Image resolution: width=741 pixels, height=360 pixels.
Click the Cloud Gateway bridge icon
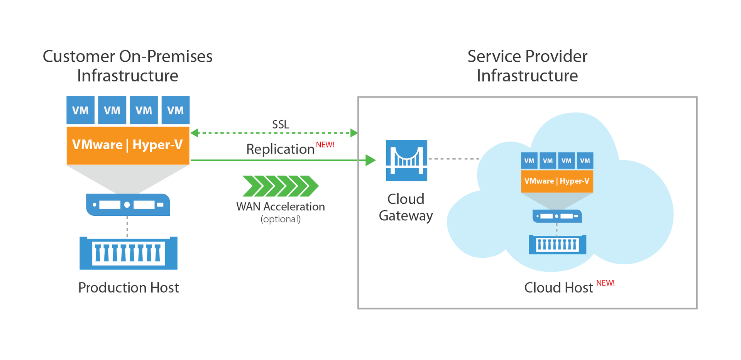[x=406, y=160]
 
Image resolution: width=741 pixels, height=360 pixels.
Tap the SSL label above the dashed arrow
[x=281, y=125]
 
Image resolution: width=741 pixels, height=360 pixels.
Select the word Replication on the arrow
[x=280, y=149]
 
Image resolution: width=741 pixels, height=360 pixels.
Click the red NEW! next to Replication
[x=325, y=145]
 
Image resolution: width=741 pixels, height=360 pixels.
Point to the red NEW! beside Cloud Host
[x=605, y=283]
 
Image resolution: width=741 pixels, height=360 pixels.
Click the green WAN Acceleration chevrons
[x=281, y=186]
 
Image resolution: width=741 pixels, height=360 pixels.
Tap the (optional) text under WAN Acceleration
[x=281, y=219]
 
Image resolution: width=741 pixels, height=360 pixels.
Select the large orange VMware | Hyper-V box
[x=128, y=145]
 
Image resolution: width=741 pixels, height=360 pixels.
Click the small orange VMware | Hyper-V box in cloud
[x=557, y=181]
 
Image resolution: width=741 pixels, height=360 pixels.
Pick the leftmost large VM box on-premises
[x=80, y=110]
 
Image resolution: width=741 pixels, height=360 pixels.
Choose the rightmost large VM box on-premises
[x=175, y=110]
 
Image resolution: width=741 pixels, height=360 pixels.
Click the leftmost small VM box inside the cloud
[x=529, y=161]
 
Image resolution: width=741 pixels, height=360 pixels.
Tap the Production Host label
[x=129, y=288]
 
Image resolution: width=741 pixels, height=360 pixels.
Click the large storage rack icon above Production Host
[x=128, y=253]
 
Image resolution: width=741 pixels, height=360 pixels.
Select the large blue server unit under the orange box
[x=128, y=205]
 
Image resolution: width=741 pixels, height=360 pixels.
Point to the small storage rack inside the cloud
[x=557, y=244]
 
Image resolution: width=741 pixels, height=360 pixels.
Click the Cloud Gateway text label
[x=406, y=207]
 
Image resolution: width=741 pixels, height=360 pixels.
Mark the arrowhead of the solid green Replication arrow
[x=370, y=160]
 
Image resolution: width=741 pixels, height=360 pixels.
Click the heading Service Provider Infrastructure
[x=527, y=66]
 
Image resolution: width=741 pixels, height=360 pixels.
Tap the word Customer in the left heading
[x=78, y=56]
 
